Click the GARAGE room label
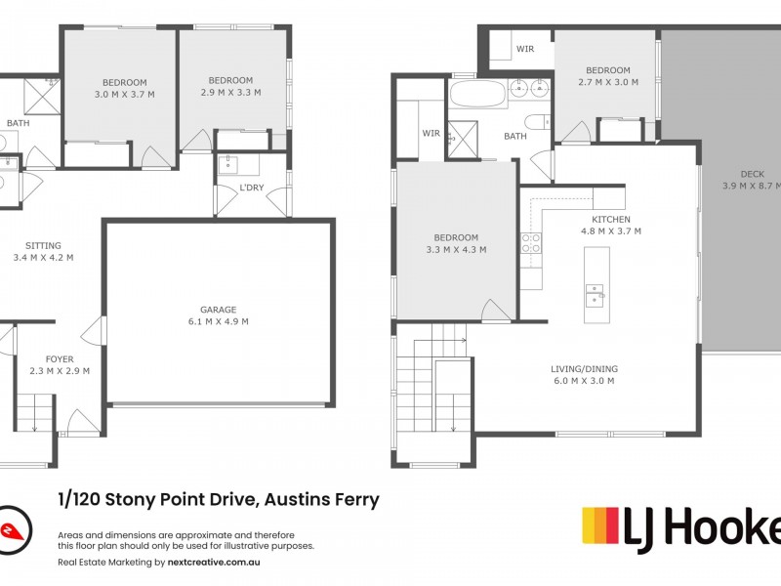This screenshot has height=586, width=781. coord(219,310)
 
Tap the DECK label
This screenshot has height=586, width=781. coord(752,174)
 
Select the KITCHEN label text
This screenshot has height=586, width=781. coord(610,220)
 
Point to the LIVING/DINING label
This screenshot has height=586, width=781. coord(584,368)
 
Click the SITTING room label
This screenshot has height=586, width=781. coord(43,246)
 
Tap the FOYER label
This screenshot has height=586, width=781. coord(60,359)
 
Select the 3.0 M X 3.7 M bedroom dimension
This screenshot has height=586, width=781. coord(124,94)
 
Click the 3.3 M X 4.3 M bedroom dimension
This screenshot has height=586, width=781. coord(456,250)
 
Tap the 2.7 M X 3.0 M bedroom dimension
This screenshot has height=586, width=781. coord(608,82)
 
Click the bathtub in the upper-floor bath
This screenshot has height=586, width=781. coord(477,94)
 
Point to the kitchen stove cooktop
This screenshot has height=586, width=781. coord(531,243)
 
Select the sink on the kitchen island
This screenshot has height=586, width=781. coord(594,293)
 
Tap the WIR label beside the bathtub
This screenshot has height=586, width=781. coord(431,133)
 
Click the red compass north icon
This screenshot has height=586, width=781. coord(14,529)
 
